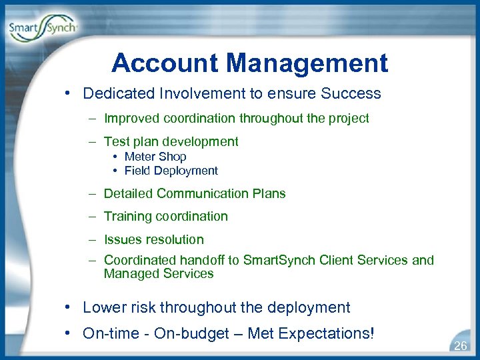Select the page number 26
pos(460,346)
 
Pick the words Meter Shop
pos(155,157)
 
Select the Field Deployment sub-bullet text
pos(171,171)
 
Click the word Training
pos(128,217)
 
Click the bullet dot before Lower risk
pos(69,308)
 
